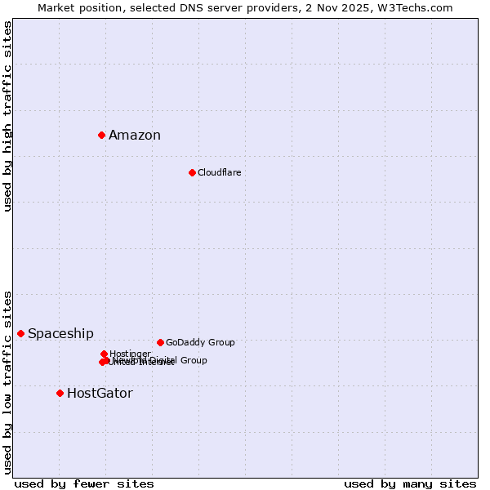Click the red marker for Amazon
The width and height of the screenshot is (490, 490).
pos(101,135)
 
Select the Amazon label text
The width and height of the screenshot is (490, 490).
pos(135,136)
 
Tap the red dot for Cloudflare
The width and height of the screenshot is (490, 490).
pos(192,172)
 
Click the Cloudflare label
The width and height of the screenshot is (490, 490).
pos(219,173)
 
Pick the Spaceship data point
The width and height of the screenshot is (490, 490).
pos(20,333)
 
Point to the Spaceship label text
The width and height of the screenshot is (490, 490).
pos(60,334)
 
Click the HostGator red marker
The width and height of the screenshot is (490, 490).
pos(60,393)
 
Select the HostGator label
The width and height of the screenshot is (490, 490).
pos(100,394)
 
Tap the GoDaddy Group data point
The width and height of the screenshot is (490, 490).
pos(160,342)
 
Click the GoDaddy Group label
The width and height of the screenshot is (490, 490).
pos(200,343)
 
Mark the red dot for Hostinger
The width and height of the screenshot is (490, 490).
pos(104,354)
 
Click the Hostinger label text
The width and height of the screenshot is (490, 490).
pos(131,354)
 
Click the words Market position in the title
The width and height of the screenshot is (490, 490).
pos(76,7)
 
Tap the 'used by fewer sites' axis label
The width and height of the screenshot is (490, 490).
pos(84,483)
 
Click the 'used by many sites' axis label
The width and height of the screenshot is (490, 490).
pos(410,483)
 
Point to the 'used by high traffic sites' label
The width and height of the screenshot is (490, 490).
pos(7,116)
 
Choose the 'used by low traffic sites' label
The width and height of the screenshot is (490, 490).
pos(7,382)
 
